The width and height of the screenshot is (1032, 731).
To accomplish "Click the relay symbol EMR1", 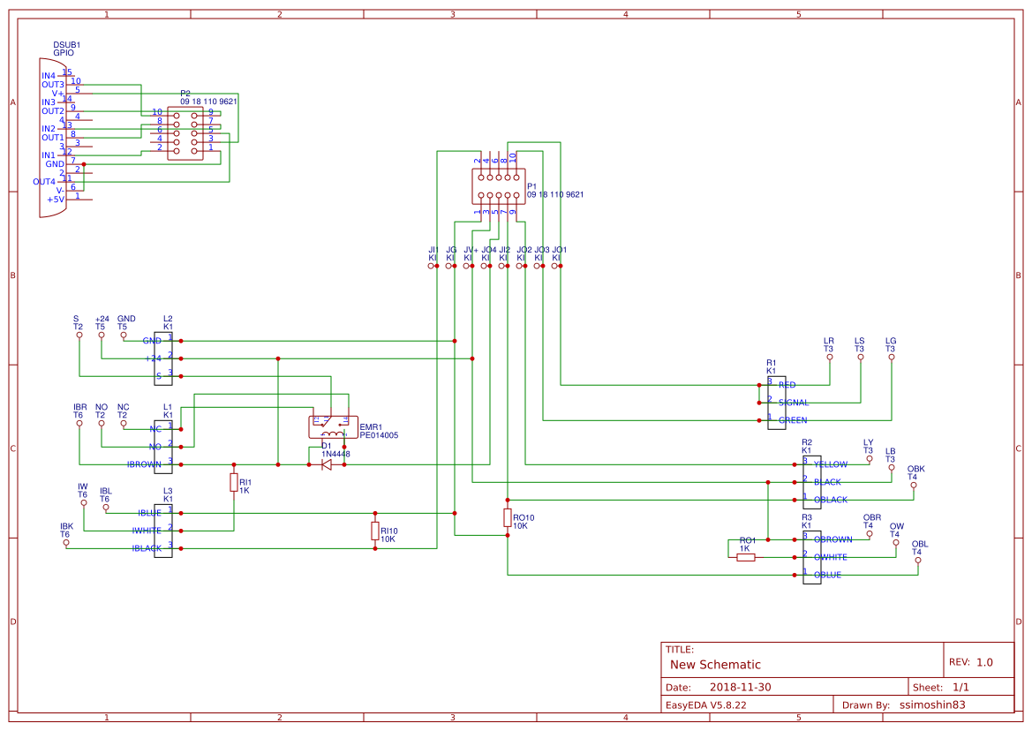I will click(x=331, y=426).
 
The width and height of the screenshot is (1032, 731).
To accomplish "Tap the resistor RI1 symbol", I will click(x=234, y=482).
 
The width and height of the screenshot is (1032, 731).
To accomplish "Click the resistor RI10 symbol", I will click(x=375, y=531).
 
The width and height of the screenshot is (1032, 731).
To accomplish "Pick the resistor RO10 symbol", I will click(x=508, y=517).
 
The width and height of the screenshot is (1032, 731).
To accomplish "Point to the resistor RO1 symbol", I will click(x=746, y=557).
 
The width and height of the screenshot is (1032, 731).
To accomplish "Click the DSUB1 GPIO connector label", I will click(x=67, y=49).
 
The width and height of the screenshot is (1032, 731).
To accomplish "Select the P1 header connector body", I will click(x=499, y=186).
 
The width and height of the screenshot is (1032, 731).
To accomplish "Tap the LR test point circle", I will click(x=830, y=358).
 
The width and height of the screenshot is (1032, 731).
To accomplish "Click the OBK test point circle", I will click(x=914, y=486).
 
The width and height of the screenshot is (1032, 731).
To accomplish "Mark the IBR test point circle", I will click(x=79, y=424).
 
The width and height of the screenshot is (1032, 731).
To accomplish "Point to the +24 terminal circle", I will click(x=102, y=335).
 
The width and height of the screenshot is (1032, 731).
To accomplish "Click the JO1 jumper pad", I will click(x=561, y=265).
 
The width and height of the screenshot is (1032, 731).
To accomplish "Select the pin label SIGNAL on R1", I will click(x=793, y=403).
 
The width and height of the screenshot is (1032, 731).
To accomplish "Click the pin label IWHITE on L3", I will click(x=146, y=531).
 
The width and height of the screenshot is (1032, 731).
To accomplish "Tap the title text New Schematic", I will click(x=715, y=665).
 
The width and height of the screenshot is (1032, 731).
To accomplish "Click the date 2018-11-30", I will click(x=741, y=687).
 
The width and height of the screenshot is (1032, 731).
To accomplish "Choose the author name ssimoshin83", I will click(x=932, y=705).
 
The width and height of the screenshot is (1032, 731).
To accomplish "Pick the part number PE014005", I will click(x=379, y=435).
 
